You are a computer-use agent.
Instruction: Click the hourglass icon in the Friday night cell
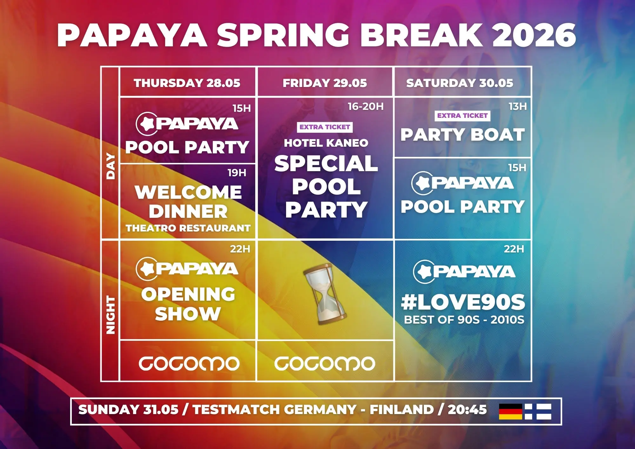324,294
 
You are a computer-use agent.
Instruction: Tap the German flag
511,411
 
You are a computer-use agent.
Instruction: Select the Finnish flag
538,411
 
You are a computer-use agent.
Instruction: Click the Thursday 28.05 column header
187,83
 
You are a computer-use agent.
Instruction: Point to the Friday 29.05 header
325,83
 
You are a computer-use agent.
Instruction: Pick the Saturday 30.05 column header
460,83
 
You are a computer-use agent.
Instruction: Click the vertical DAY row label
110,166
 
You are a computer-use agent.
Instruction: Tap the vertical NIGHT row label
110,315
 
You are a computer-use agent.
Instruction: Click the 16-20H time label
365,106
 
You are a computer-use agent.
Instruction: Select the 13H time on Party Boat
518,106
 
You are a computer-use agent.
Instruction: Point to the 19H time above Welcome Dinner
237,173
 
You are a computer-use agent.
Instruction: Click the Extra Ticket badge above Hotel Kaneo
325,127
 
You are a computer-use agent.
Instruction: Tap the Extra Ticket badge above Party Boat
462,116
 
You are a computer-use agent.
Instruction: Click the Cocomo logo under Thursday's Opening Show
189,363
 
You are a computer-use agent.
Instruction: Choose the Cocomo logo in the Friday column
325,363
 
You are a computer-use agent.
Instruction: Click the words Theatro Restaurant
188,228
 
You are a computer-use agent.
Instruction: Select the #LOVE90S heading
463,302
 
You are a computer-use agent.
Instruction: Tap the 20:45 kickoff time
467,410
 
